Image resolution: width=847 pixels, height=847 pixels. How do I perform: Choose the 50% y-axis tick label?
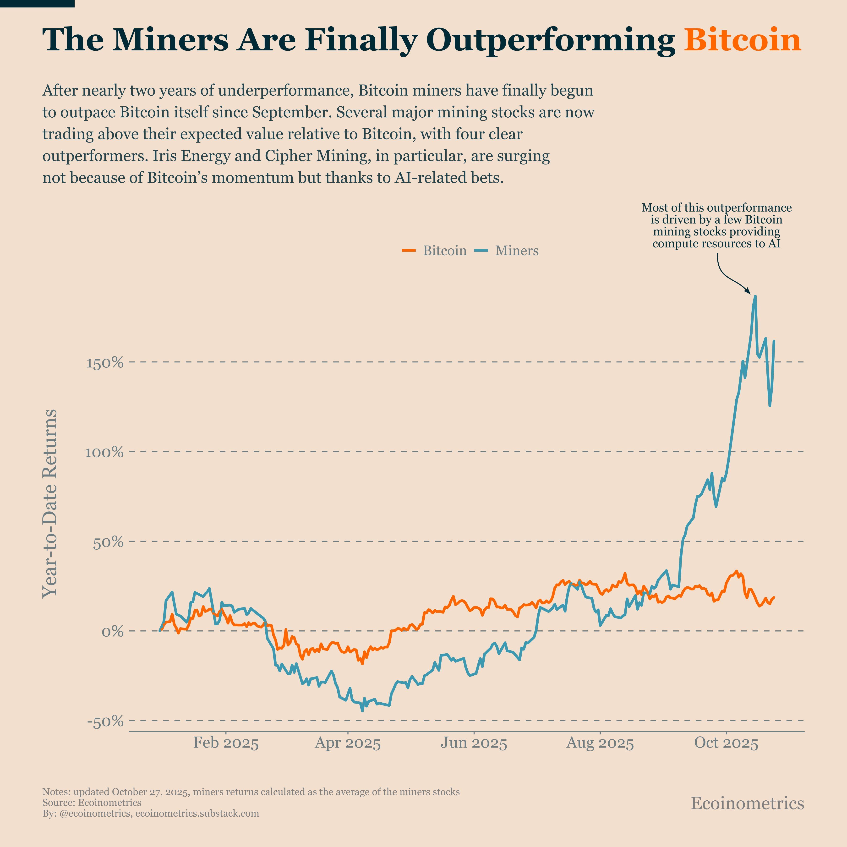pos(108,542)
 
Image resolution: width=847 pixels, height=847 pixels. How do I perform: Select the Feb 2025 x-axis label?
pos(226,743)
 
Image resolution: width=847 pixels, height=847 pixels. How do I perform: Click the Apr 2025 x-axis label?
pos(348,743)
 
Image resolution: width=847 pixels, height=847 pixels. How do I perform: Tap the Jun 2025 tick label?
pos(474,743)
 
